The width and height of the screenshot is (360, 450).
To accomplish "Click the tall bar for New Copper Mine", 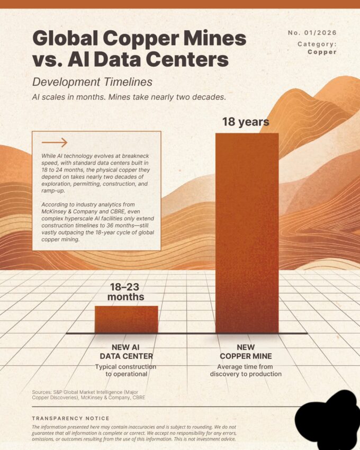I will (247, 233).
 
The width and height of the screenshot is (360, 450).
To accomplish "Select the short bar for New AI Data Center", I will (126, 319).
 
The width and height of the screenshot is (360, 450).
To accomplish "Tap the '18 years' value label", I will (245, 122).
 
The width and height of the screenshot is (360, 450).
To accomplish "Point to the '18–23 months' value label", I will (126, 292).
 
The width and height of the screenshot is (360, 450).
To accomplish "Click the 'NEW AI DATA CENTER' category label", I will (125, 352).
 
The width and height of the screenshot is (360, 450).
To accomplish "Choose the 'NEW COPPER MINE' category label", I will (246, 352).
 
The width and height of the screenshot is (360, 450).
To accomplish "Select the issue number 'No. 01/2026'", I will (312, 33).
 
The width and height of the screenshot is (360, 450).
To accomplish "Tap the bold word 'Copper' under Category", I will (322, 52).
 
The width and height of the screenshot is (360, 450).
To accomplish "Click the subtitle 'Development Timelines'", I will (92, 82).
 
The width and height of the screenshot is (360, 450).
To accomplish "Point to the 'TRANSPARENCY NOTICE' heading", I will (70, 418).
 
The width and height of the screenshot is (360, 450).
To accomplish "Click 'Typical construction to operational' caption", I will (125, 370).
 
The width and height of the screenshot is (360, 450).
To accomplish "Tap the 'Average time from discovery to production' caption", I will (246, 370).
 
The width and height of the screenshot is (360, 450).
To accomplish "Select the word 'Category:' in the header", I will (317, 44).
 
